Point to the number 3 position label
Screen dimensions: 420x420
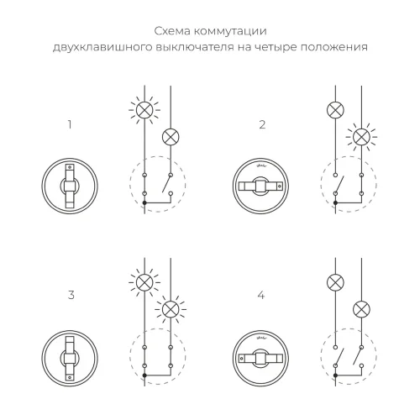tap(71, 295)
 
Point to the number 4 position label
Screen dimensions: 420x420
tap(262, 295)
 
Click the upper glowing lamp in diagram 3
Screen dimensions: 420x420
tap(144, 281)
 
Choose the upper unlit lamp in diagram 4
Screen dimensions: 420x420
tap(336, 281)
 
